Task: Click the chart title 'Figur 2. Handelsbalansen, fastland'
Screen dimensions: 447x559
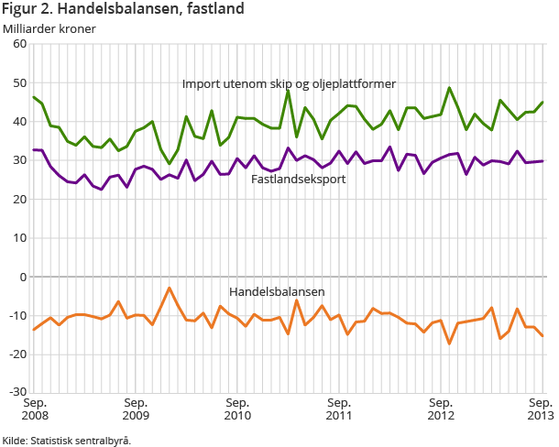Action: click(x=123, y=10)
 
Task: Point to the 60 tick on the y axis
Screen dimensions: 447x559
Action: click(x=20, y=44)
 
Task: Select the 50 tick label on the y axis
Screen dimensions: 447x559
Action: click(x=20, y=83)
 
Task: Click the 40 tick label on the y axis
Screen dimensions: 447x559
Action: click(x=20, y=122)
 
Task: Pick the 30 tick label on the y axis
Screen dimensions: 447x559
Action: click(x=20, y=160)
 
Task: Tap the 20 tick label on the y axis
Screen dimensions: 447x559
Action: click(x=20, y=199)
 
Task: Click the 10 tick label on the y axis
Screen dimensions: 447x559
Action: click(x=20, y=237)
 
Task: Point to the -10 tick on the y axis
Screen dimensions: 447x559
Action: click(x=18, y=315)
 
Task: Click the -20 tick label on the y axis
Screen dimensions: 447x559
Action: click(x=18, y=354)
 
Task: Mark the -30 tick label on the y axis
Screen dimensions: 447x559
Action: click(x=18, y=392)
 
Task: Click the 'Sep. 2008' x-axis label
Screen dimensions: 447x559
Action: click(x=36, y=409)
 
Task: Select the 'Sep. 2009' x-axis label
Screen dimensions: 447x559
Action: click(x=136, y=409)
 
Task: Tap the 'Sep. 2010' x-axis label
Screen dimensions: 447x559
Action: click(x=237, y=409)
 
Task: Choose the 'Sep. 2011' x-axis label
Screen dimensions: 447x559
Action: click(x=339, y=409)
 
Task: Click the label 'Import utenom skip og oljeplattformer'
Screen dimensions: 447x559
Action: click(x=289, y=83)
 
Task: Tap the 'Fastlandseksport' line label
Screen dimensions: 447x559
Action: click(x=298, y=180)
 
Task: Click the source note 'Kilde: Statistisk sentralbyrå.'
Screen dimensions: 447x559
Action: click(x=67, y=440)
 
